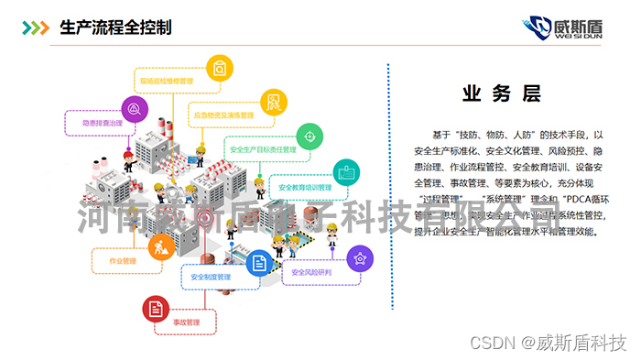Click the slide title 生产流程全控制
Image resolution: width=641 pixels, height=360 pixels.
click(115, 26)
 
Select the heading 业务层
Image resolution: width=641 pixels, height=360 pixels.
click(501, 93)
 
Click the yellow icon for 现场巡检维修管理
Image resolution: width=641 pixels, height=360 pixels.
click(217, 67)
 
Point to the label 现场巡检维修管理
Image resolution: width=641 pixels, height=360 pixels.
click(166, 81)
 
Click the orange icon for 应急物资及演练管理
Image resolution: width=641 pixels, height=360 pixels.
click(272, 102)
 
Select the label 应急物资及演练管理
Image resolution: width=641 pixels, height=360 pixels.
click(223, 115)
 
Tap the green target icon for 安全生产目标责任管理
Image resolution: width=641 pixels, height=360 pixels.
click(309, 136)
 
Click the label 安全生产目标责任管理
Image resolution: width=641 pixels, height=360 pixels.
click(263, 148)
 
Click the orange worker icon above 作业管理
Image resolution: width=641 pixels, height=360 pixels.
click(160, 245)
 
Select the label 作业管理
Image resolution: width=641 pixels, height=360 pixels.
click(122, 261)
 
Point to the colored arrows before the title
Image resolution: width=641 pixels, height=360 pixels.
click(36, 27)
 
